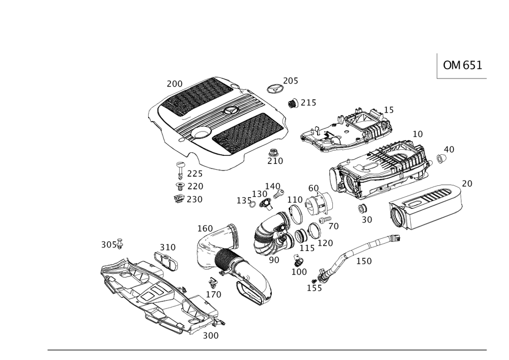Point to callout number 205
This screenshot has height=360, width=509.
[291, 81]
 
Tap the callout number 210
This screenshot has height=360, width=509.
[276, 161]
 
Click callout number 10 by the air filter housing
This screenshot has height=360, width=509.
[417, 134]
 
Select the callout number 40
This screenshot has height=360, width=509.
[448, 150]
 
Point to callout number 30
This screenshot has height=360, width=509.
[366, 219]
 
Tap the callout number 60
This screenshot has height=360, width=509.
[314, 188]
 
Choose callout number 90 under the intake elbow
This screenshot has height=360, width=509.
[273, 259]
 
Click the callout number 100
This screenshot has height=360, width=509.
[300, 272]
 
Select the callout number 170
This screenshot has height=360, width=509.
[213, 294]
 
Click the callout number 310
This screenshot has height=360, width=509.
[167, 247]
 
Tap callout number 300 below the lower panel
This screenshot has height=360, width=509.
[210, 336]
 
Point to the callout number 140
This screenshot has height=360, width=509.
[273, 185]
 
